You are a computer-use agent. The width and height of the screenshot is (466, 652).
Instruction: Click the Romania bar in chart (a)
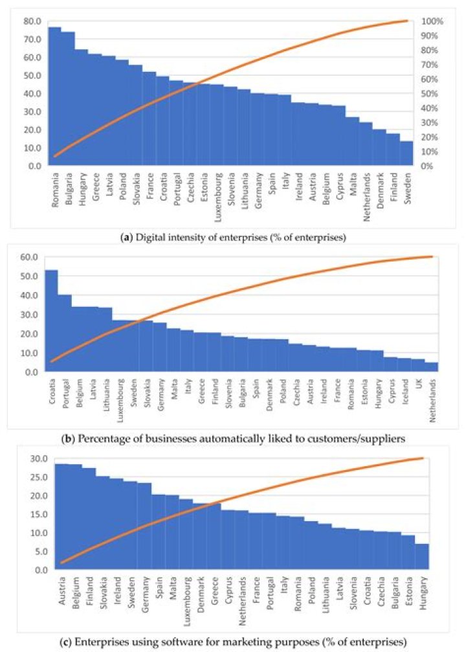pyautogui.click(x=54, y=97)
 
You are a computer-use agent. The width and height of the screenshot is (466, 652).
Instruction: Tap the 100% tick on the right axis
pyautogui.click(x=433, y=21)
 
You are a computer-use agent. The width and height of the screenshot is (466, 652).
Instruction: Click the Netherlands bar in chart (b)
pyautogui.click(x=432, y=367)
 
